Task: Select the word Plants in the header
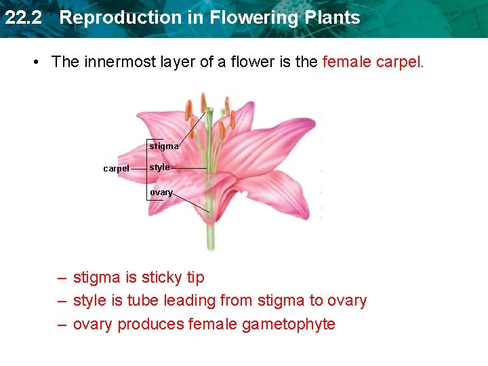pyautogui.click(x=331, y=18)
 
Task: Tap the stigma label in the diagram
pyautogui.click(x=164, y=146)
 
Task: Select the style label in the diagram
pyautogui.click(x=160, y=167)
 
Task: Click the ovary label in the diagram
pyautogui.click(x=161, y=192)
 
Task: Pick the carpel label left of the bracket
pyautogui.click(x=116, y=169)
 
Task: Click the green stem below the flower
pyautogui.click(x=211, y=237)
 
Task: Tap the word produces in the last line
pyautogui.click(x=150, y=324)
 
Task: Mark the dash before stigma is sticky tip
pyautogui.click(x=62, y=278)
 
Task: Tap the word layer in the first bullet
pyautogui.click(x=176, y=62)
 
